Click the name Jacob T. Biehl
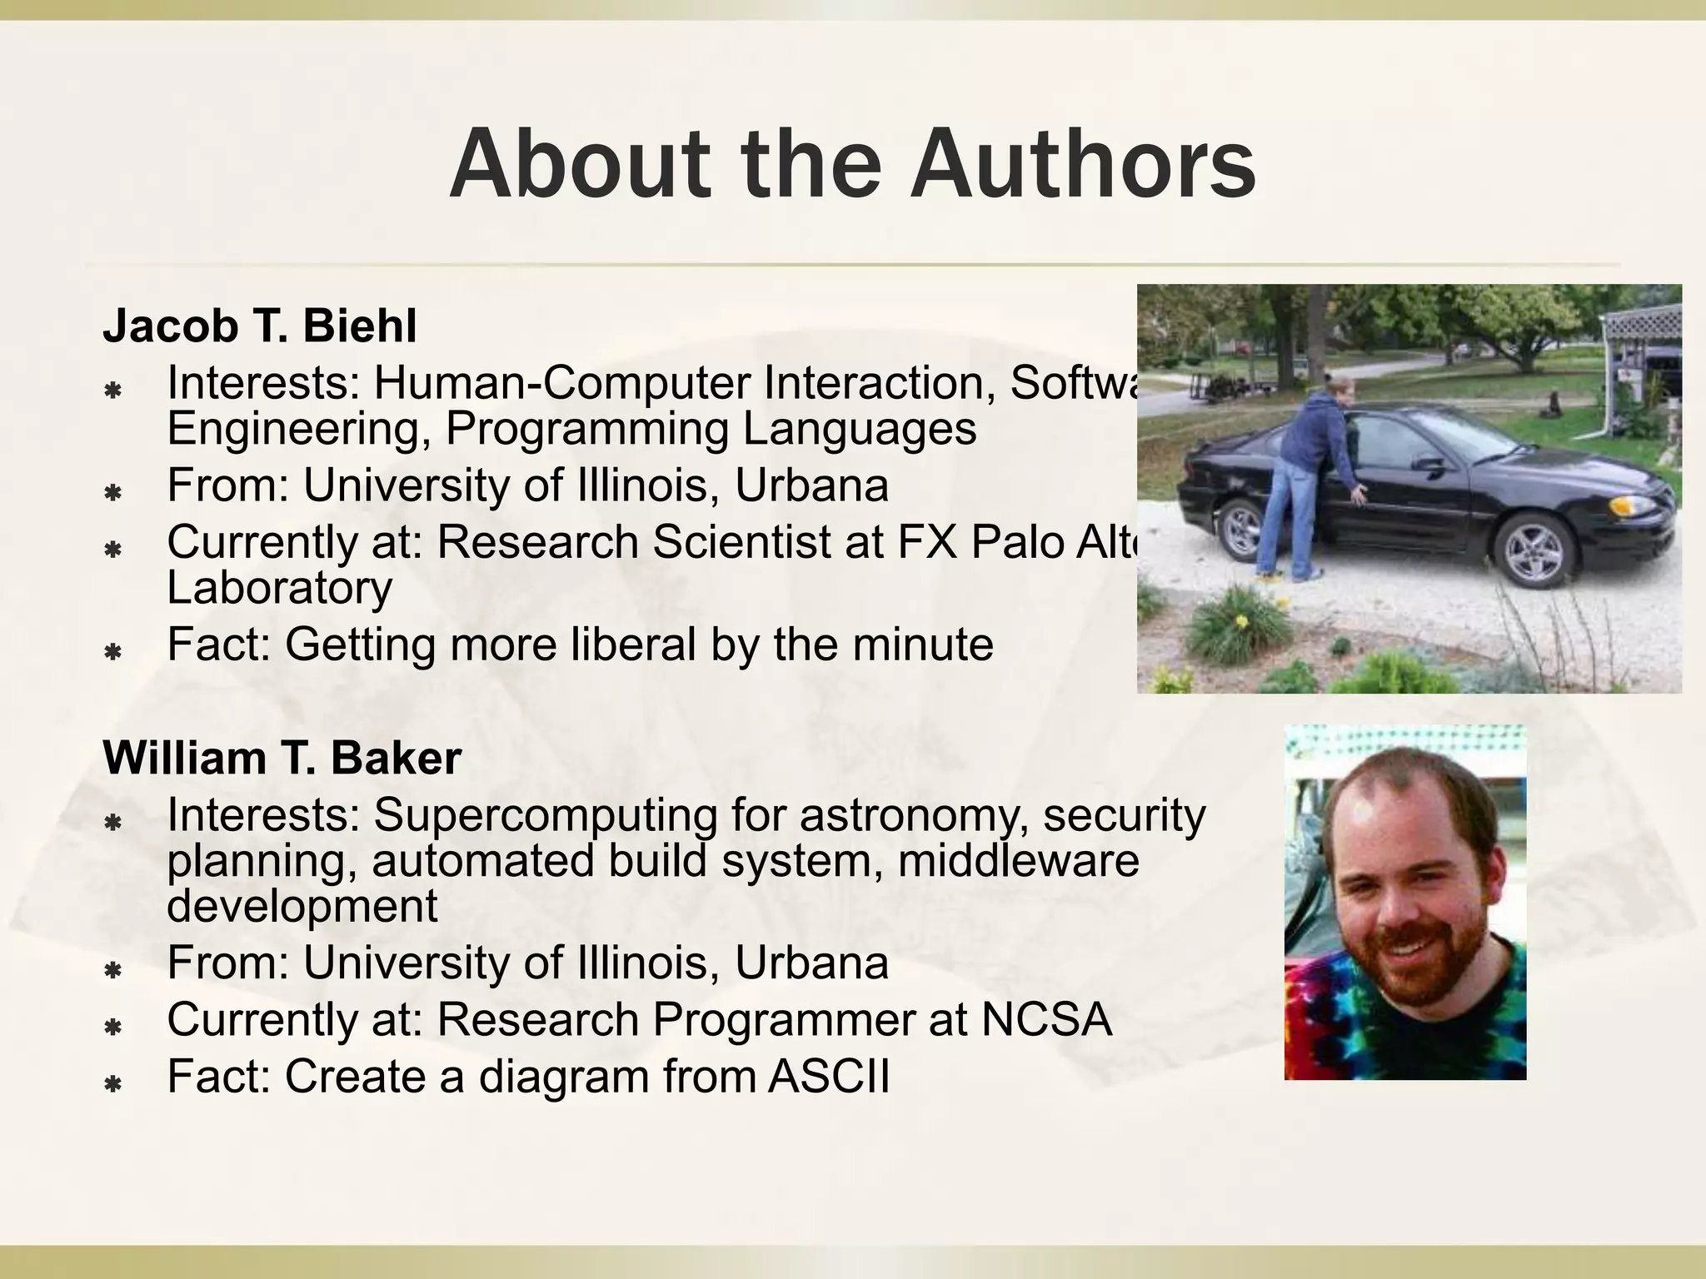[259, 326]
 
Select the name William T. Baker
[282, 758]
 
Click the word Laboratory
[279, 588]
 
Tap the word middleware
[1018, 860]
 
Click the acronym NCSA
[1046, 1019]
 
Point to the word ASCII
[829, 1076]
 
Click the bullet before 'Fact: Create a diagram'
[112, 1083]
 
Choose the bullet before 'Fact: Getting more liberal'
[112, 651]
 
